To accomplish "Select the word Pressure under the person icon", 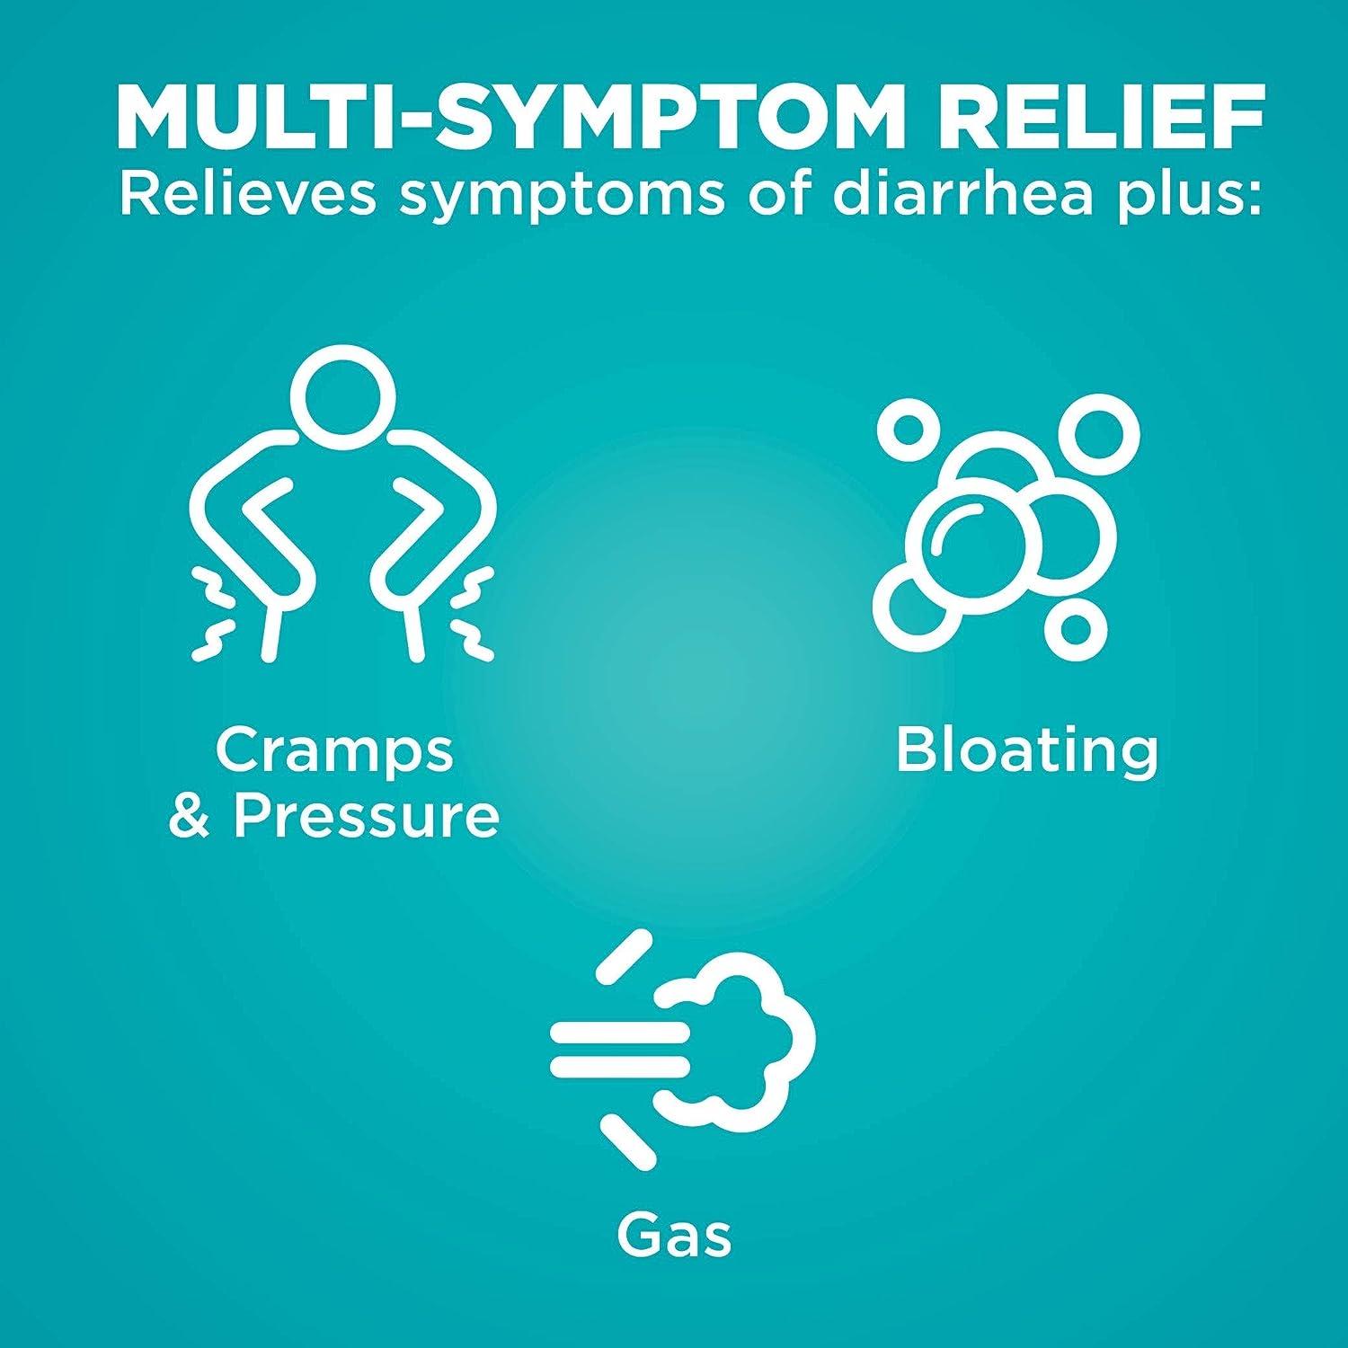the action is coord(366,816).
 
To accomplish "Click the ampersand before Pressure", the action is coord(189,816).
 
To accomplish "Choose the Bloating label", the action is coord(1027,750).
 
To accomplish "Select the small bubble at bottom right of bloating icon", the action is coord(1076,629).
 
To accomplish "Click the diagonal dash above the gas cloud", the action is coord(624,956).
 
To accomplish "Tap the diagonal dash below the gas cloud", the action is coord(628,1142).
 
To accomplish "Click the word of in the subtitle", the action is coord(777,193).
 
